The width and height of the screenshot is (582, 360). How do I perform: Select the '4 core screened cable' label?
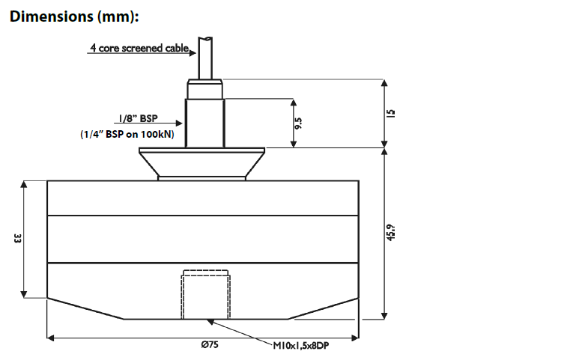click(139, 48)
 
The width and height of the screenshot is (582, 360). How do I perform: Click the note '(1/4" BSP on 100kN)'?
click(127, 135)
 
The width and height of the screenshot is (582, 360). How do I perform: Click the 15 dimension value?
click(389, 113)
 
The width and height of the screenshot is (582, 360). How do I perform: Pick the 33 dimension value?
click(17, 238)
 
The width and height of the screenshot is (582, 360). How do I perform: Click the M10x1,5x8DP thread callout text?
click(301, 347)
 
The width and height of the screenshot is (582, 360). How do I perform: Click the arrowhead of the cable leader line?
click(193, 52)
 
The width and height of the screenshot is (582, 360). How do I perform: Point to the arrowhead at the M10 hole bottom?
click(212, 321)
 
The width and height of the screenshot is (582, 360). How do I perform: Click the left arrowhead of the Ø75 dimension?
click(52, 338)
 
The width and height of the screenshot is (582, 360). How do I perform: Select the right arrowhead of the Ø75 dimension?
click(356, 338)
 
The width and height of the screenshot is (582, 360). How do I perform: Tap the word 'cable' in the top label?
click(176, 48)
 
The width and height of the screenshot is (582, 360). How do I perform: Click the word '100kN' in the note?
click(158, 135)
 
